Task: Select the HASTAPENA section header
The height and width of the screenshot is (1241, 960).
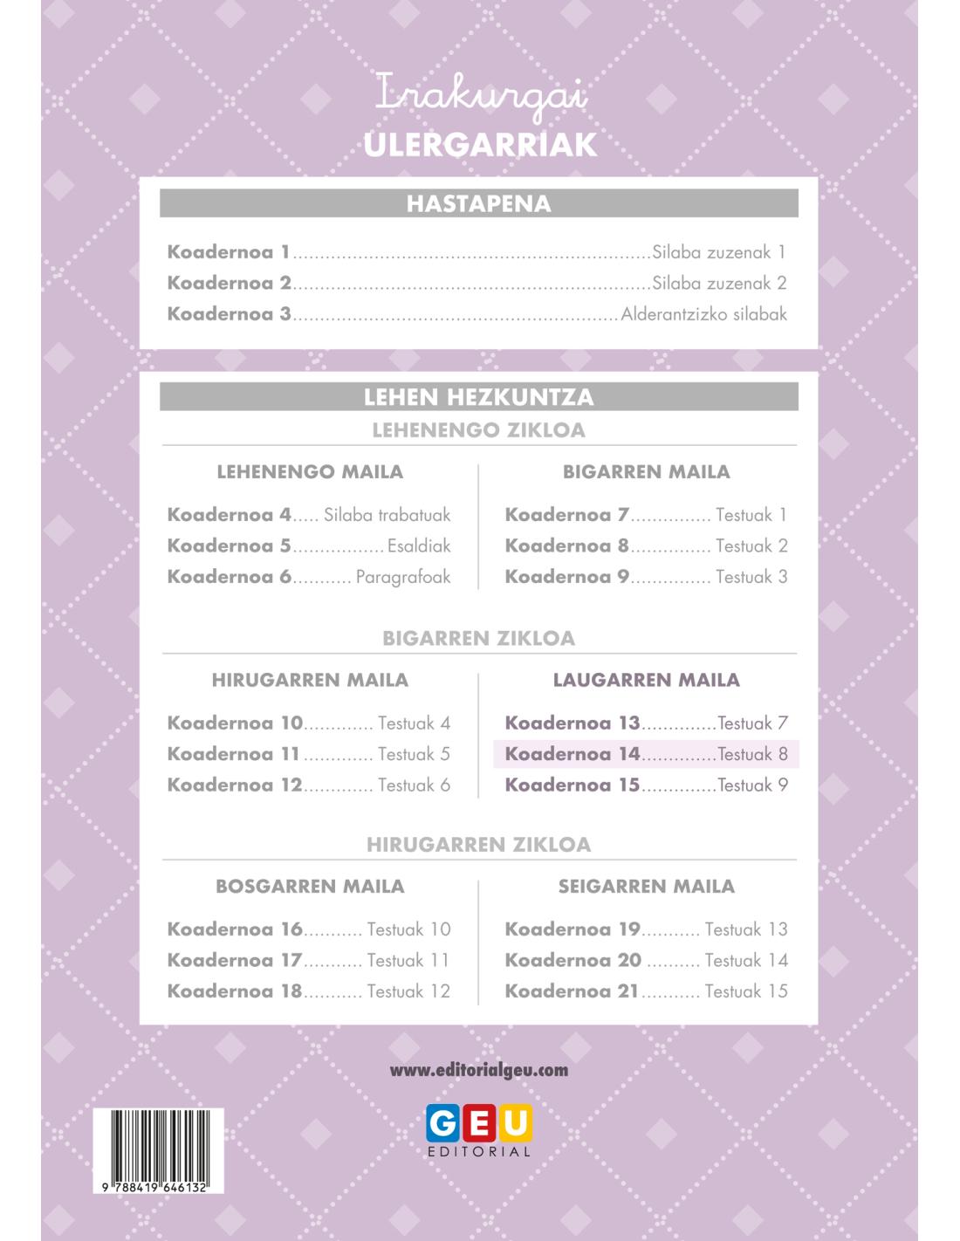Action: tap(479, 204)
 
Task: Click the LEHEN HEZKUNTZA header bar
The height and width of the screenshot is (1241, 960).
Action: tap(479, 397)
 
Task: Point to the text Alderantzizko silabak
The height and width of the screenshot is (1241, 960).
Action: tap(703, 314)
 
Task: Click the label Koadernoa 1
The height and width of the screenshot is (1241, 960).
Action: tap(229, 252)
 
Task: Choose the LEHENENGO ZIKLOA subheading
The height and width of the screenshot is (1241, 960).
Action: tap(479, 430)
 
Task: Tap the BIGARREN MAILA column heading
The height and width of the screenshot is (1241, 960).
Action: tap(646, 472)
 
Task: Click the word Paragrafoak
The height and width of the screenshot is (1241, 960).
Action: tap(403, 577)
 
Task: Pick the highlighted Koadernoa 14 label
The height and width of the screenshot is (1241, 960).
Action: tap(573, 754)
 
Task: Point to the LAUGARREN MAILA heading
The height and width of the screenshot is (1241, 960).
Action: tap(646, 680)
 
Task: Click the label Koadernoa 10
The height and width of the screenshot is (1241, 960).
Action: tap(235, 723)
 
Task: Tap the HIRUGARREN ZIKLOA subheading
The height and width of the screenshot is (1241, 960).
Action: tap(479, 845)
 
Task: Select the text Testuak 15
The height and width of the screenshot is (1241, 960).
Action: tap(745, 991)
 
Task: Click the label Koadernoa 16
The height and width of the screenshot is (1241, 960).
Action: tap(235, 929)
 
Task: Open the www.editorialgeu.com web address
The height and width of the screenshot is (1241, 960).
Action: tap(479, 1070)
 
